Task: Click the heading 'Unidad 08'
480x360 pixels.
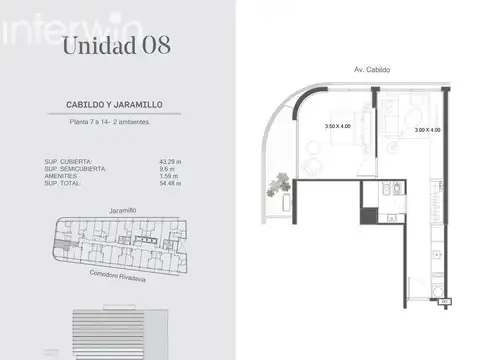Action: click(115, 45)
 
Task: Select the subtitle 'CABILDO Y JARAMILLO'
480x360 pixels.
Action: click(116, 104)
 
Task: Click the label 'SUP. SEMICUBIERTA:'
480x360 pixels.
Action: click(76, 169)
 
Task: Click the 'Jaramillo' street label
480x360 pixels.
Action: click(119, 211)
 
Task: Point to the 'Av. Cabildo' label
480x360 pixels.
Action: click(373, 70)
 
